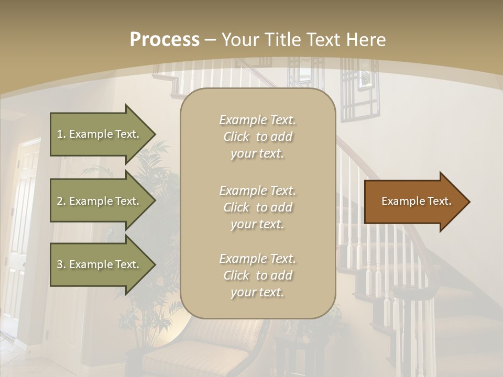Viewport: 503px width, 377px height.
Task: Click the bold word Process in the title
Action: point(165,40)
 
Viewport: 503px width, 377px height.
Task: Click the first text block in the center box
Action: point(257,137)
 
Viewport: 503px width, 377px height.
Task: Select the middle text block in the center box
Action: point(257,207)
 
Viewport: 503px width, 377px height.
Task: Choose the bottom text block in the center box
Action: point(257,275)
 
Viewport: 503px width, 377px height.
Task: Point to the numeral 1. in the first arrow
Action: point(61,134)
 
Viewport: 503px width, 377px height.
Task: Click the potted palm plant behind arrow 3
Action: point(152,309)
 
